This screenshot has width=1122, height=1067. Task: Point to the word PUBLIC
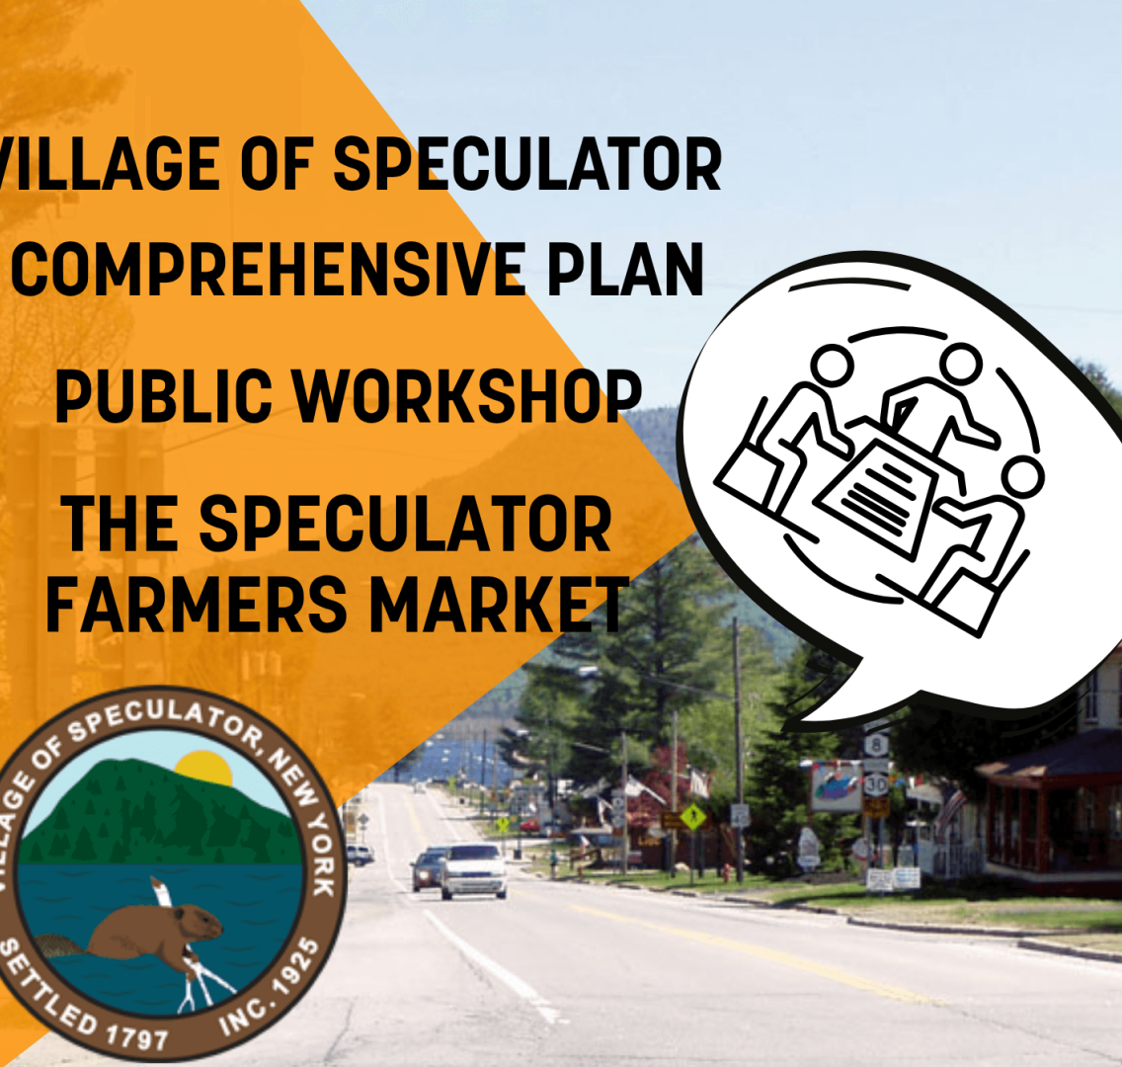click(x=163, y=396)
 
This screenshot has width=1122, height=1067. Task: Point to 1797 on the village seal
click(x=136, y=1036)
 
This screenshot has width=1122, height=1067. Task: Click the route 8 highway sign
click(x=877, y=745)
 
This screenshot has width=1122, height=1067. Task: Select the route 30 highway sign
click(x=876, y=784)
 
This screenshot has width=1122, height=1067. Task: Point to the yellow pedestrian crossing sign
click(x=692, y=816)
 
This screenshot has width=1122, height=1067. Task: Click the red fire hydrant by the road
click(x=727, y=873)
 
